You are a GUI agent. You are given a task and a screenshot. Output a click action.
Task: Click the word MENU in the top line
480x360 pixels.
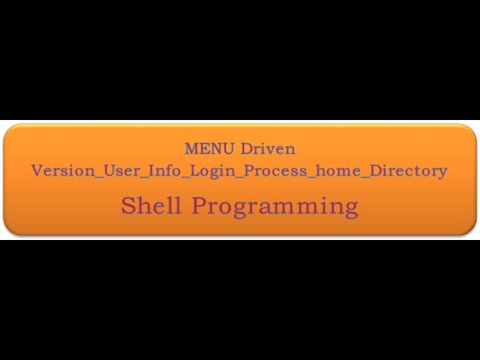pyautogui.click(x=210, y=148)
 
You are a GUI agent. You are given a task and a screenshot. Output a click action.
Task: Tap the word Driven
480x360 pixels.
pyautogui.click(x=268, y=148)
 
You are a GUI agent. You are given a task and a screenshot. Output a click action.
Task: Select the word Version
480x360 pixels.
pyautogui.click(x=62, y=170)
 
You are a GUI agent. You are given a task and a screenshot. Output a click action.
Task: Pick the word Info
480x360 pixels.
pyautogui.click(x=166, y=170)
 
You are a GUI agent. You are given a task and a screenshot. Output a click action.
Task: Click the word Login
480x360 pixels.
pyautogui.click(x=211, y=171)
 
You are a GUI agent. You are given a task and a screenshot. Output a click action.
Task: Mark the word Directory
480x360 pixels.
pyautogui.click(x=409, y=171)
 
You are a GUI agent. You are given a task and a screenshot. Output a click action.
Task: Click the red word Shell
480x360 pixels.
pyautogui.click(x=151, y=205)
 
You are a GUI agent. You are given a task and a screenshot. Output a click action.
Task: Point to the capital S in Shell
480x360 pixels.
pyautogui.click(x=129, y=205)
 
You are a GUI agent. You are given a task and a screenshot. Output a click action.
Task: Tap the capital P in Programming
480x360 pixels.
pyautogui.click(x=199, y=205)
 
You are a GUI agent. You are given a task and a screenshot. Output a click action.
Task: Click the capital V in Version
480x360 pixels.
pyautogui.click(x=37, y=170)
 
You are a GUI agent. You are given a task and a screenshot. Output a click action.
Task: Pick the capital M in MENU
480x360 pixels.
pyautogui.click(x=191, y=148)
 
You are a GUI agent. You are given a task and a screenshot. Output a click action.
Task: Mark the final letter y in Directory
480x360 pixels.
pyautogui.click(x=442, y=172)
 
